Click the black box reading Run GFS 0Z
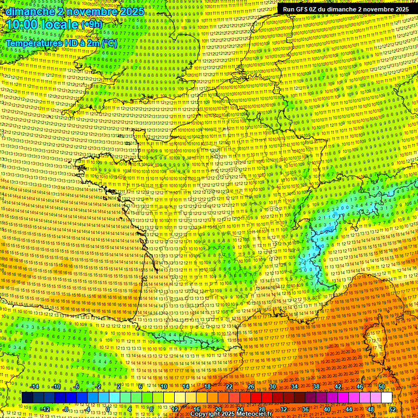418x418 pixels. (346, 9)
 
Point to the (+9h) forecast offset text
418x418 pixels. (90, 24)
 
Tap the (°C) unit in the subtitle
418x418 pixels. (108, 42)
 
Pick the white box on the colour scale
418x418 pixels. (386, 398)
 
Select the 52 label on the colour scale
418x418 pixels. (392, 409)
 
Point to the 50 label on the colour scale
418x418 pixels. (381, 386)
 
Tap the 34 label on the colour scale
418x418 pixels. (294, 386)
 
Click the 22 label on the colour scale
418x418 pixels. (229, 386)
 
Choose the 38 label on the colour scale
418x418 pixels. (316, 386)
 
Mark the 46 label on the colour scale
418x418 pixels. (359, 386)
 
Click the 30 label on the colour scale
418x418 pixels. (273, 386)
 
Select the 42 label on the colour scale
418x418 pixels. (338, 386)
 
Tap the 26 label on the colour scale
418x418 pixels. (251, 386)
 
